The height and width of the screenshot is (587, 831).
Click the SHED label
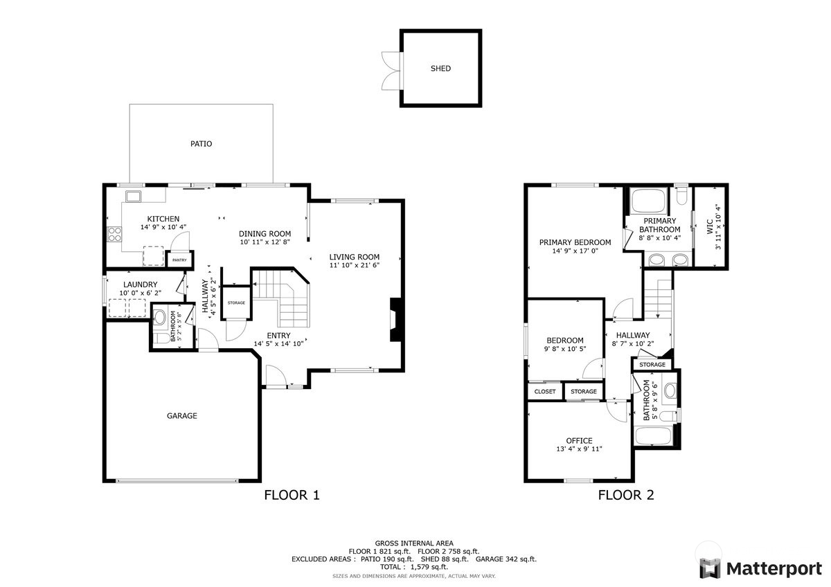tap(440, 69)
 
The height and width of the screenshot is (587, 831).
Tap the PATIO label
tap(201, 144)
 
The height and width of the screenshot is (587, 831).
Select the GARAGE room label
tap(181, 416)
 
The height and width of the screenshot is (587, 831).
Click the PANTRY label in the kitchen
tap(179, 260)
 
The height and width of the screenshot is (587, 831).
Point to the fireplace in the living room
tap(396, 320)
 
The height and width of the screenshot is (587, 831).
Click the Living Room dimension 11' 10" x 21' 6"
tap(354, 265)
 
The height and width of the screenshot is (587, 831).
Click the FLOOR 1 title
tap(292, 495)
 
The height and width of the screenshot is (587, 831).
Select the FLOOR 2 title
tap(626, 495)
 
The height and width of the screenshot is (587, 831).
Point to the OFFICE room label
tap(579, 440)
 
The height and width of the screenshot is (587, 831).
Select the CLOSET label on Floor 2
tap(545, 392)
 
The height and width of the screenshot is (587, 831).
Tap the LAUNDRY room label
tap(141, 285)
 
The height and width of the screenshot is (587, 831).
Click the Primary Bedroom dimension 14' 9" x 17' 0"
tap(575, 251)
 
